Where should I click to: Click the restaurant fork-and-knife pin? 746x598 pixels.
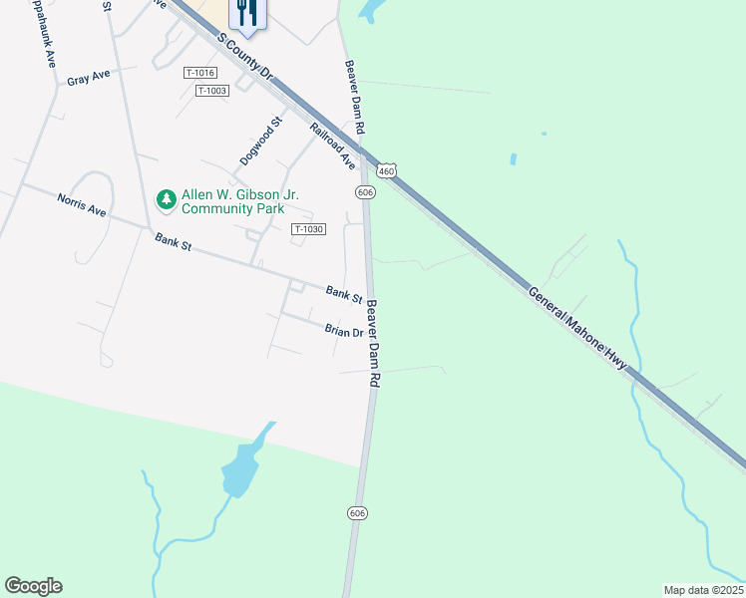(244, 13)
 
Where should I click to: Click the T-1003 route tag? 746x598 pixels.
(212, 91)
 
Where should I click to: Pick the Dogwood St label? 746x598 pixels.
(262, 142)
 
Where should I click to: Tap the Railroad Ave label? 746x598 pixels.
(333, 145)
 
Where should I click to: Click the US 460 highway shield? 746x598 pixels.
(388, 171)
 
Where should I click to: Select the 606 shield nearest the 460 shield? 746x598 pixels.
(364, 191)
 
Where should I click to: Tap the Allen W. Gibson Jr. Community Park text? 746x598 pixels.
(232, 202)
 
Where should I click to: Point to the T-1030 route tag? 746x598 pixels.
(309, 229)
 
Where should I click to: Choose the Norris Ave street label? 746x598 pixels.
(82, 205)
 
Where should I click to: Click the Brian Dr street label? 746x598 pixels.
(343, 330)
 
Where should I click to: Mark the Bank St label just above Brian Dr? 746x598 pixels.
(344, 294)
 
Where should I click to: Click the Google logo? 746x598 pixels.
(33, 586)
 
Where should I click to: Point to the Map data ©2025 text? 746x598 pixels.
(703, 589)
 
